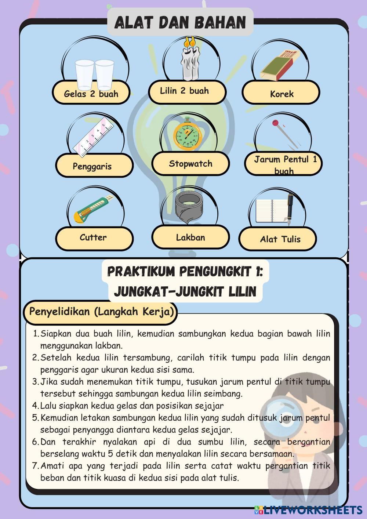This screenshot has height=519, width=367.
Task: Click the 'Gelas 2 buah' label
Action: (x=91, y=94)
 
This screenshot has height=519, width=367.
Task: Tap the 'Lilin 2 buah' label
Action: (x=184, y=91)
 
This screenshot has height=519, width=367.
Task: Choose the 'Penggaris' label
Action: (x=92, y=166)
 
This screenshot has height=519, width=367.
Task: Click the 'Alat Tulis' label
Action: (x=280, y=239)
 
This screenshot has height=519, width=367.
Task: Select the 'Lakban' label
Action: (x=190, y=237)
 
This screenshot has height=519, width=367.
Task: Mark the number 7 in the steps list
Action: (x=35, y=466)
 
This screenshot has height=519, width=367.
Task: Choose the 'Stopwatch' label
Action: (x=190, y=164)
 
